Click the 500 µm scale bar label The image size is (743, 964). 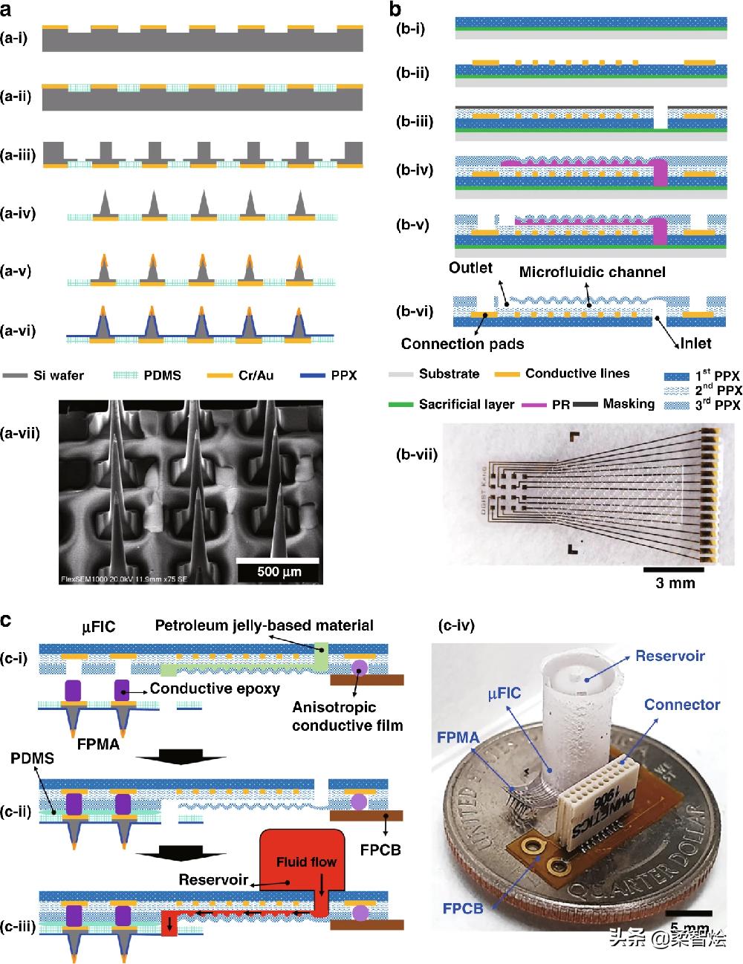coord(279,571)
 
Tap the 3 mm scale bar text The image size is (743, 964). coord(675,583)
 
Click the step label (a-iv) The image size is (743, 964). coord(18,214)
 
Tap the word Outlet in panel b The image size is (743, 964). coord(471,267)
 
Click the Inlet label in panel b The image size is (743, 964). coord(695,343)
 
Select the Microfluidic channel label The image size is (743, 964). coord(591,272)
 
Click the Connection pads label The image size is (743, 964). coord(462,343)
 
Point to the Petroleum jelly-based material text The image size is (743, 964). coord(264,625)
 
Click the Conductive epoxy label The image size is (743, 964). coord(215,688)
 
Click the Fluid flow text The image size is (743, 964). coord(306,862)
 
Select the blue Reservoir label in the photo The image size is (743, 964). coord(670,656)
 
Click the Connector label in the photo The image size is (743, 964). coord(681,704)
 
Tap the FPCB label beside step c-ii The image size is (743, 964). coord(380,849)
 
